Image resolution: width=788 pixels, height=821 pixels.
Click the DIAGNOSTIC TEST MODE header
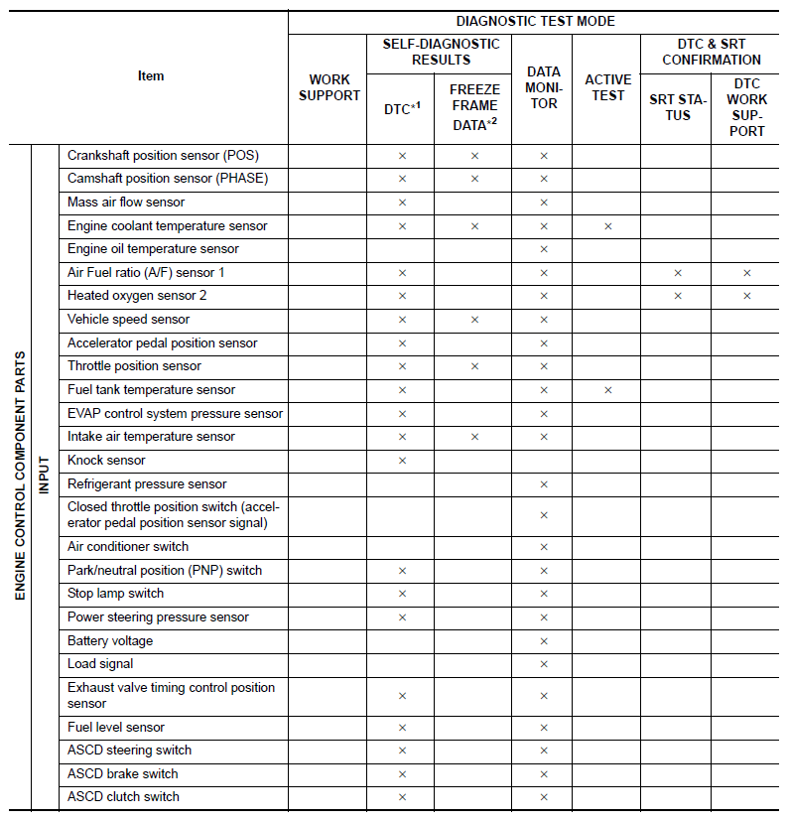[535, 21]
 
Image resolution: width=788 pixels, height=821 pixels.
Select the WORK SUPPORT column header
[328, 87]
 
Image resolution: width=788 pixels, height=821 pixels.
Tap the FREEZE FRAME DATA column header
[473, 107]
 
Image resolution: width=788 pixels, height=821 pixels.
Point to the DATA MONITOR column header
[544, 87]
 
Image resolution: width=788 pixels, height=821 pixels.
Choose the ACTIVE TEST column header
[607, 87]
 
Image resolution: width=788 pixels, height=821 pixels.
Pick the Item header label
[151, 76]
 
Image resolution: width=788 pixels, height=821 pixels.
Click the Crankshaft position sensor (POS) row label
[163, 156]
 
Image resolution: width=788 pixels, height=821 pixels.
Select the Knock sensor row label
[106, 461]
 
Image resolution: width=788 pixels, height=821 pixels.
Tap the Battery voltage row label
[110, 641]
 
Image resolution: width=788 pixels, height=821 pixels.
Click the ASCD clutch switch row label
[123, 797]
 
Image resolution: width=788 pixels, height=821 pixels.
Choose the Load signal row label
[100, 664]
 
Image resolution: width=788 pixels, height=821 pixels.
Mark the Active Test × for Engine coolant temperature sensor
[607, 226]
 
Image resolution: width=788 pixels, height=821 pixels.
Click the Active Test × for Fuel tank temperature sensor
[607, 390]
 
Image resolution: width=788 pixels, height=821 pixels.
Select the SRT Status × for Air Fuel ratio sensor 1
[678, 273]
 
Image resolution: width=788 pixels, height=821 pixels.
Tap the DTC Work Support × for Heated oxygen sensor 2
[746, 296]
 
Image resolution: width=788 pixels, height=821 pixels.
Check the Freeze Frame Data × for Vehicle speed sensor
[474, 320]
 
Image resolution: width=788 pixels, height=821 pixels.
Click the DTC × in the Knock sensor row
[402, 461]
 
